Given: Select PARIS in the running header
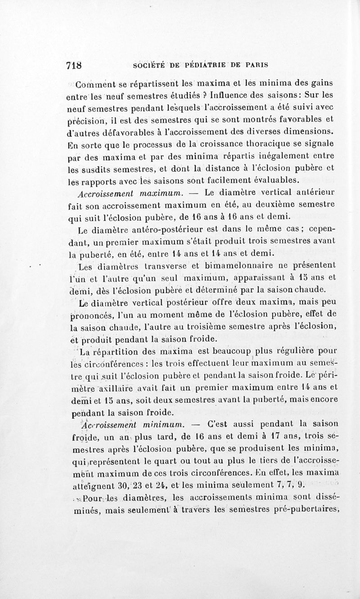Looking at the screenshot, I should [x=256, y=65].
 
